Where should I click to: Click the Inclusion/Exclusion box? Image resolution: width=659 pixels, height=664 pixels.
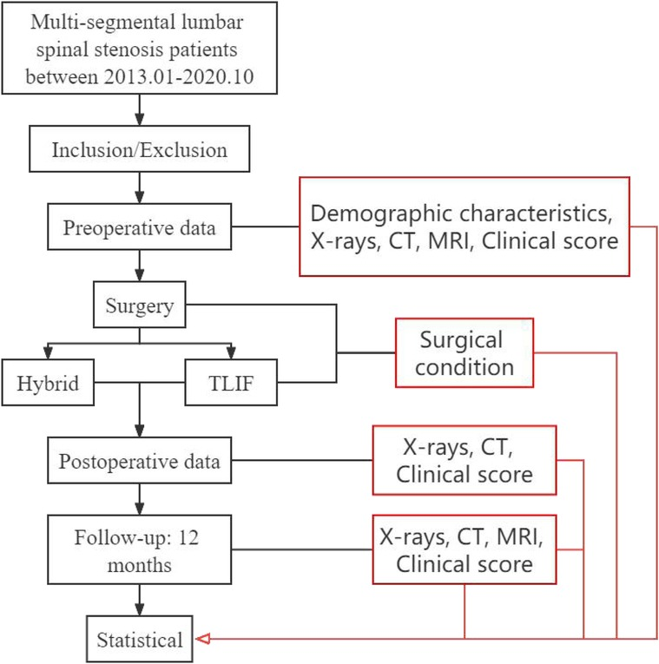[x=141, y=150]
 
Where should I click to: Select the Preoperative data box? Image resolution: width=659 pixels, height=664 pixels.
[x=141, y=228]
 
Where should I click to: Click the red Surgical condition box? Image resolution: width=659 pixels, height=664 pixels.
[x=464, y=352]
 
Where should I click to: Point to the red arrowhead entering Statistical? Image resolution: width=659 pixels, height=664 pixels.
[x=202, y=641]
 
